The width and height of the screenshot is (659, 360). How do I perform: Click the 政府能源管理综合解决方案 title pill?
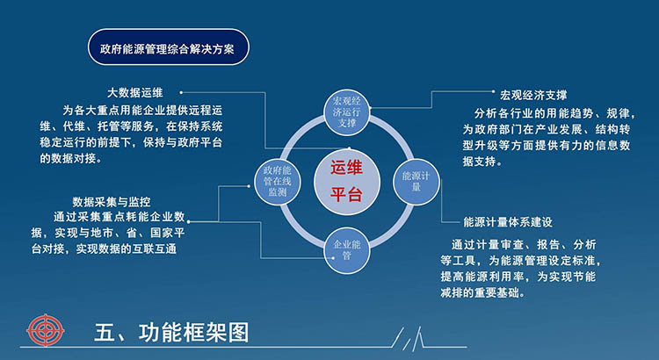[168, 47]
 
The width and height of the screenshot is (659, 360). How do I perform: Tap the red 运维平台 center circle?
[347, 182]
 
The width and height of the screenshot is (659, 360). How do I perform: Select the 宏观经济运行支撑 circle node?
[347, 112]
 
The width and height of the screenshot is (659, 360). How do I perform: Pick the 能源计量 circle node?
[416, 182]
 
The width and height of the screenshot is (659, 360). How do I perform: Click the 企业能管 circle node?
[347, 251]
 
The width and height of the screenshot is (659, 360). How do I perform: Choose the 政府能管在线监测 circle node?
[278, 182]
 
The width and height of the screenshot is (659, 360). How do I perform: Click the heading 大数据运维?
[135, 92]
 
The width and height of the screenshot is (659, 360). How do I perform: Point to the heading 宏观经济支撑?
[533, 96]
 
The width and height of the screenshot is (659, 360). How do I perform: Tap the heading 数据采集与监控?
[112, 202]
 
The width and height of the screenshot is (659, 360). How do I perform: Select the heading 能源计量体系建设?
[508, 222]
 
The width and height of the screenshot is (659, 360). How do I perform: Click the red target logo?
[46, 329]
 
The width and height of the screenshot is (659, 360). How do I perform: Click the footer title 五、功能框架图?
[171, 333]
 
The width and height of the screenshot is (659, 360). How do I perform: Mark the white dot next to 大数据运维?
[181, 92]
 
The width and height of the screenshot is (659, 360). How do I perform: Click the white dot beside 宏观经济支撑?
[494, 91]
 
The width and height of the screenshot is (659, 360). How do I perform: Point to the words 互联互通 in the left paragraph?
[155, 248]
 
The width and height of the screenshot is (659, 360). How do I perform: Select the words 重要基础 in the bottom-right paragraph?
[497, 292]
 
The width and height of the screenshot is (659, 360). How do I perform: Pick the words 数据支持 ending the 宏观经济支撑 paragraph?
[479, 161]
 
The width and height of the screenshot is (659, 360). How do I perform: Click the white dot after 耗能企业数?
[188, 221]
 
